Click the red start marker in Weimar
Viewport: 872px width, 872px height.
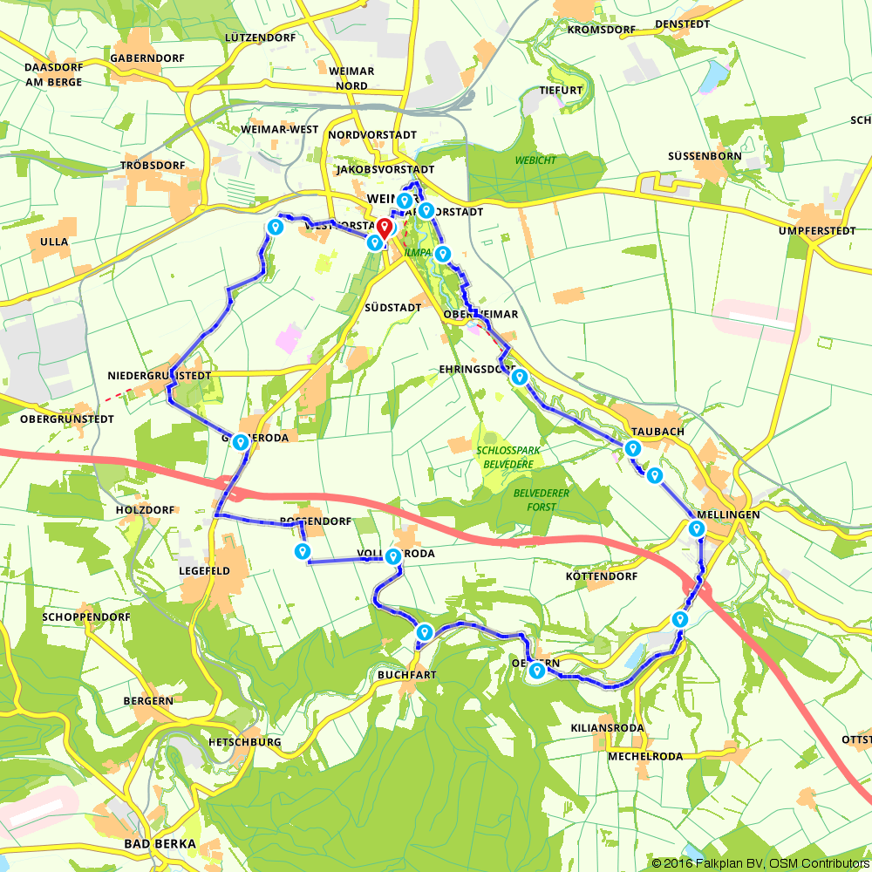click(x=384, y=229)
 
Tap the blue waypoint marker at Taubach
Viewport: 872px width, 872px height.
click(x=632, y=448)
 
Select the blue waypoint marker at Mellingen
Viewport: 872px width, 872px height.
click(x=696, y=528)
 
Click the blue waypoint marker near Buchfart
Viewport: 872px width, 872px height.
click(x=424, y=632)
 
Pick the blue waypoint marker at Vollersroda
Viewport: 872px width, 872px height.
click(x=393, y=555)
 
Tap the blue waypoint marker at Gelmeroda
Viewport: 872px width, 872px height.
click(x=241, y=442)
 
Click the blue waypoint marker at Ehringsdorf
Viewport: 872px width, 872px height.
click(x=520, y=377)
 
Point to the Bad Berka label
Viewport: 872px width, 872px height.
click(x=160, y=844)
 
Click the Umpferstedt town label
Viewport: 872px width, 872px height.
click(x=814, y=231)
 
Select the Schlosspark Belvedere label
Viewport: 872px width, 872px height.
click(x=505, y=458)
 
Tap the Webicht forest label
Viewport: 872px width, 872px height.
click(x=535, y=160)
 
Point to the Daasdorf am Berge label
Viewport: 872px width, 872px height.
click(x=53, y=74)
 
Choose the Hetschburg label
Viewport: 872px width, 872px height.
click(x=244, y=742)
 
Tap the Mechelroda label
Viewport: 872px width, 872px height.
click(x=645, y=756)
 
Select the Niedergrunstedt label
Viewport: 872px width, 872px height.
click(x=160, y=375)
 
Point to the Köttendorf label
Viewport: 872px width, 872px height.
click(x=602, y=576)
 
